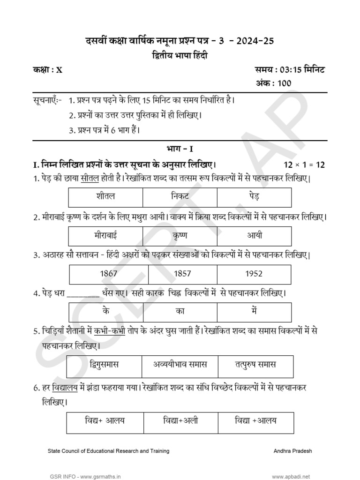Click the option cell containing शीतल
(105, 197)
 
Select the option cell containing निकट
(180, 197)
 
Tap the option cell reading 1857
(182, 273)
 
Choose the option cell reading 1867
(109, 273)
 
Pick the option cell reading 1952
(254, 273)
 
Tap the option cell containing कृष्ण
(180, 236)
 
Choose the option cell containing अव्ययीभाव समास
(180, 365)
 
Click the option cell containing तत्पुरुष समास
(255, 365)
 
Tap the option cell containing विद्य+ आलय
(105, 420)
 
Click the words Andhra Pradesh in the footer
(293, 451)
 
